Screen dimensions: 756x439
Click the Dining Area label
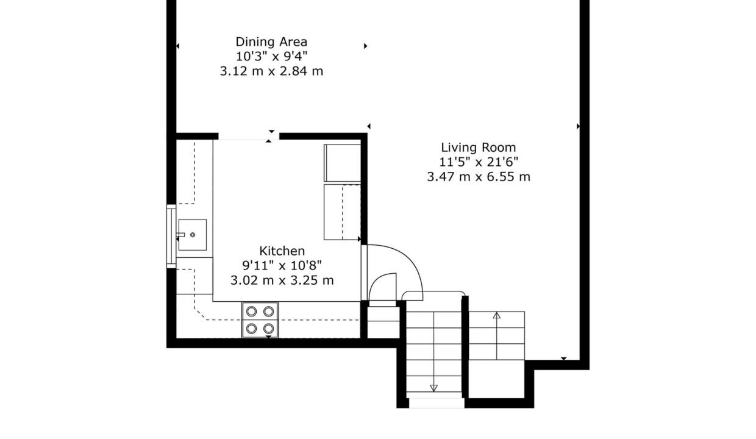(x=271, y=42)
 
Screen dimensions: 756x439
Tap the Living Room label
(x=479, y=148)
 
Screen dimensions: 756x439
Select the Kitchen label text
(x=282, y=251)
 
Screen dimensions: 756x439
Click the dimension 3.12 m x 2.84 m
(x=272, y=71)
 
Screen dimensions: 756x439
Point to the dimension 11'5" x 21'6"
(x=479, y=162)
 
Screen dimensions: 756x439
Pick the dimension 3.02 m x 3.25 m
(x=282, y=280)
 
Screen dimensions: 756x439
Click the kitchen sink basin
(x=193, y=235)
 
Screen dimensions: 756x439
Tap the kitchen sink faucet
(x=180, y=235)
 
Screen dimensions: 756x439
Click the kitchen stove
(x=260, y=320)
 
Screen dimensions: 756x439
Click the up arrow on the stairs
(x=497, y=336)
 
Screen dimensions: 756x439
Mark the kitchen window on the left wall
(x=171, y=237)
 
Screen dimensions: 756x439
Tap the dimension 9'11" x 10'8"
(x=282, y=266)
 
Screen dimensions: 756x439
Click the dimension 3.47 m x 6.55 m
(x=479, y=177)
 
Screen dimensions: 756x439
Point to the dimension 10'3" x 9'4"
(x=272, y=56)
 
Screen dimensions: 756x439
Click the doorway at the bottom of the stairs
(x=437, y=403)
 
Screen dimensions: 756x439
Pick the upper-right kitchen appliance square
(x=342, y=163)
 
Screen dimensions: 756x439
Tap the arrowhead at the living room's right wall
(x=578, y=126)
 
